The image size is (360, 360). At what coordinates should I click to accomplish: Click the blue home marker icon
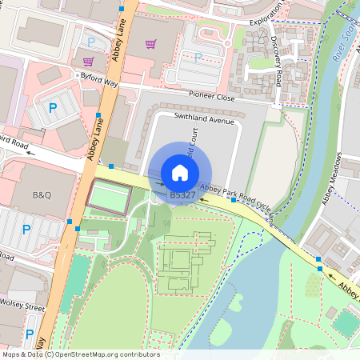[x=180, y=173]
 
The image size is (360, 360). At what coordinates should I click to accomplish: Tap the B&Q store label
[x=42, y=195]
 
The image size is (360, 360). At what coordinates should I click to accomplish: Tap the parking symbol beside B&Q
[x=26, y=229]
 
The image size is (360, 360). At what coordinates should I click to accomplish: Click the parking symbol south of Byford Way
[x=53, y=107]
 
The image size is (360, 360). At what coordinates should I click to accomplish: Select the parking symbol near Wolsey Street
[x=29, y=334]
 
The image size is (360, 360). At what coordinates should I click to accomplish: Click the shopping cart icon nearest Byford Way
[x=87, y=60]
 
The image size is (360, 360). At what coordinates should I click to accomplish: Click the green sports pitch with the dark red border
[x=106, y=198]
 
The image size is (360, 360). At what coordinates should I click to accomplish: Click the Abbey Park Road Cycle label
[x=238, y=198]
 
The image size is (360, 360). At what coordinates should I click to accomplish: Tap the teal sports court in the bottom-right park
[x=345, y=322]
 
